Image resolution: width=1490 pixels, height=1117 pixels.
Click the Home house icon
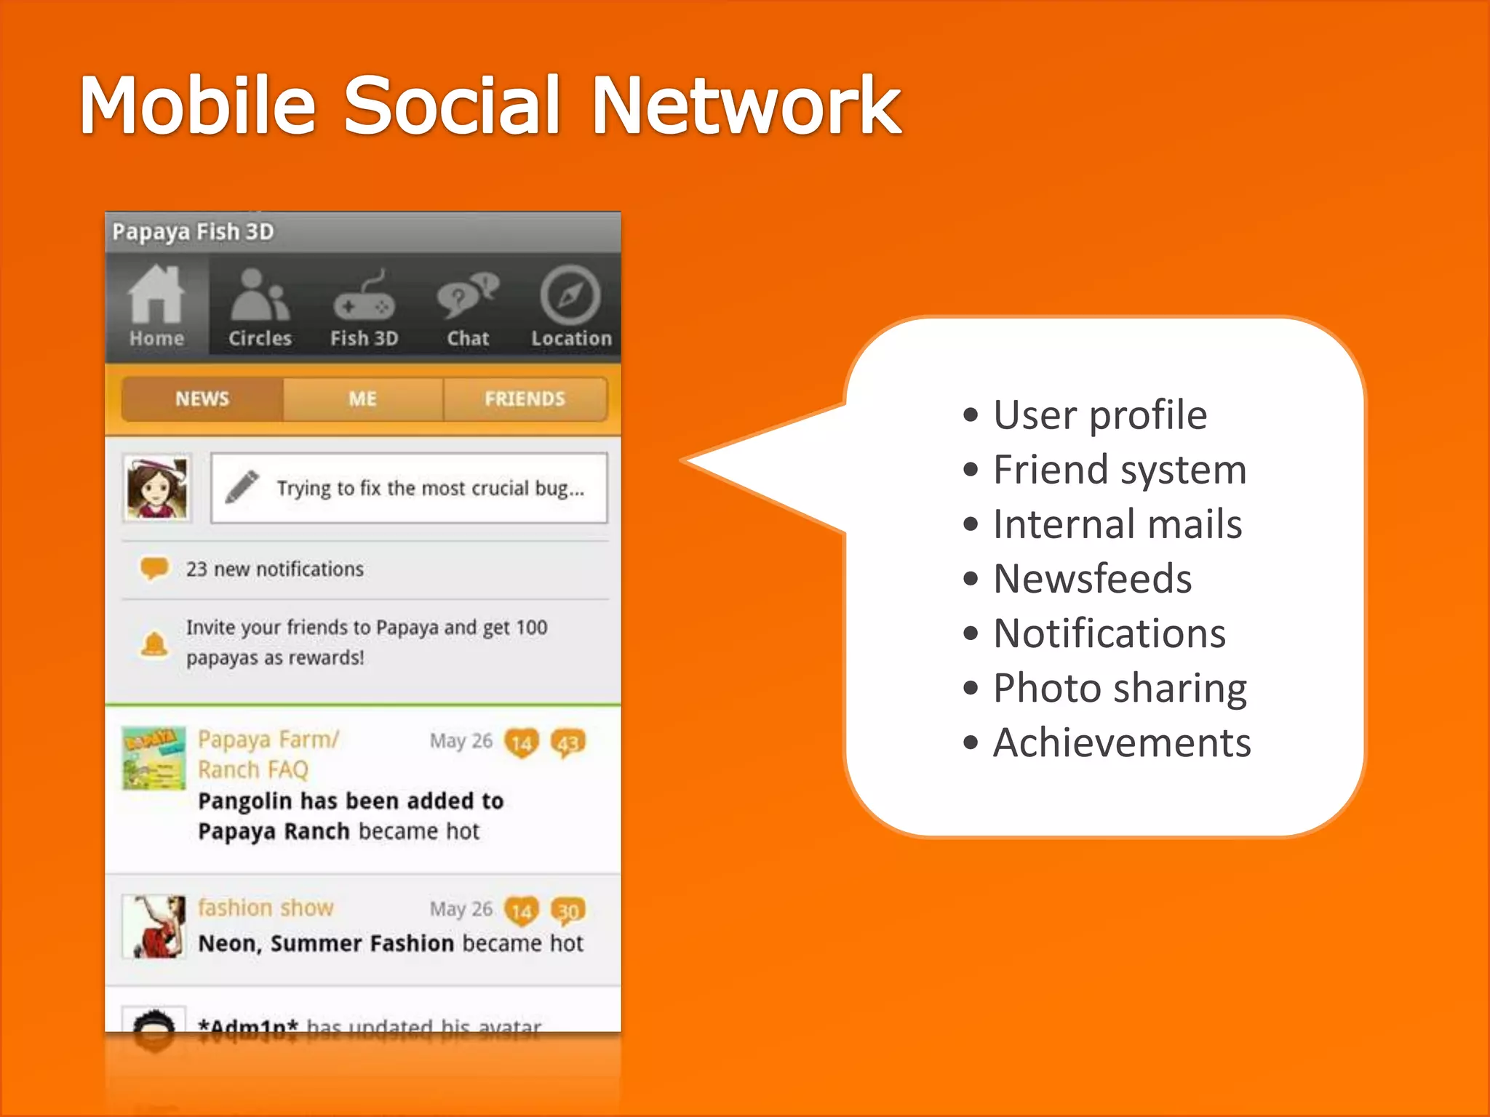pos(156,294)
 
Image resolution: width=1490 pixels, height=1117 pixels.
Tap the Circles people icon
pos(260,295)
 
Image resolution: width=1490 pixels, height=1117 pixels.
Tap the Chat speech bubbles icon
pos(468,295)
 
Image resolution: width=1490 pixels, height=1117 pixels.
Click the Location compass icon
pos(570,295)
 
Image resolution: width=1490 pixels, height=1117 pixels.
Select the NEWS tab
pos(202,399)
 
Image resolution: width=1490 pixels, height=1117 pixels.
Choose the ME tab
pos(362,399)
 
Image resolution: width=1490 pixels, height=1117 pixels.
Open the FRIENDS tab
pos(525,399)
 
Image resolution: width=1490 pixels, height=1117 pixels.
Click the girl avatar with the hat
pos(157,488)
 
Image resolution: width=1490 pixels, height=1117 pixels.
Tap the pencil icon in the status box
pos(242,487)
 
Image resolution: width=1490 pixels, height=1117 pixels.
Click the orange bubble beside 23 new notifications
pos(154,568)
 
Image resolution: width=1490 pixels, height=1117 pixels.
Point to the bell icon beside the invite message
pos(154,644)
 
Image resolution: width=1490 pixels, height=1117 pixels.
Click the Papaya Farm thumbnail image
pos(154,758)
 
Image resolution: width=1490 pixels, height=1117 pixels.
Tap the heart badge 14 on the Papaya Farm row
pos(522,742)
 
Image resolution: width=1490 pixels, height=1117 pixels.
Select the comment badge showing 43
pos(568,742)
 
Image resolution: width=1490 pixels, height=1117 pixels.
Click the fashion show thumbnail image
pos(154,926)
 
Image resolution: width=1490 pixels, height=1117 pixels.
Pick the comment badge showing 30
pos(568,910)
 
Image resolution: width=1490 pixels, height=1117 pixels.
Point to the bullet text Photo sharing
pos(1120,688)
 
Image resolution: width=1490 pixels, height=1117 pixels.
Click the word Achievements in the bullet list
pos(1122,742)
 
